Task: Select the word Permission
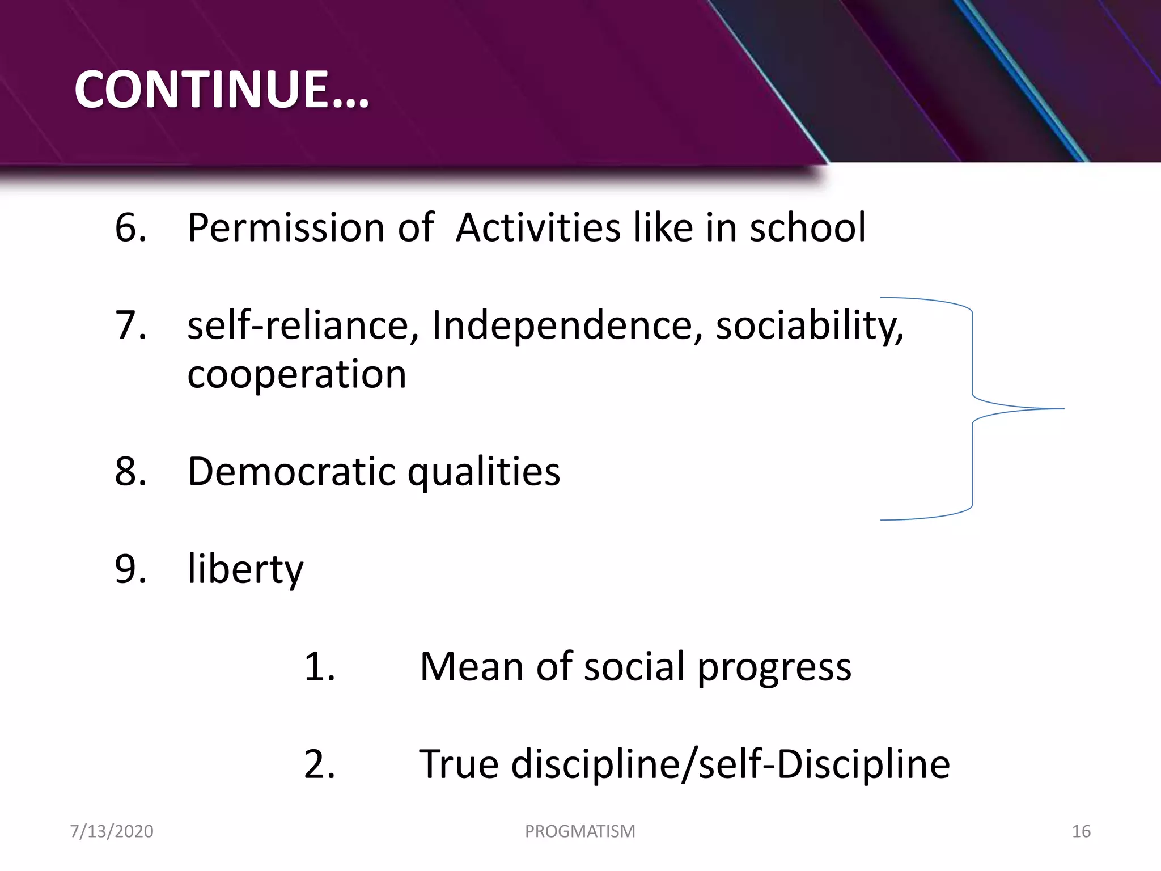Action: click(x=286, y=228)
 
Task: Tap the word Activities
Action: click(x=538, y=228)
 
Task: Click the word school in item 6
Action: click(x=807, y=228)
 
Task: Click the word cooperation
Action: click(x=296, y=375)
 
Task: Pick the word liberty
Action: click(x=245, y=569)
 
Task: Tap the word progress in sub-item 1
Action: click(x=774, y=667)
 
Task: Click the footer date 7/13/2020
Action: click(x=112, y=831)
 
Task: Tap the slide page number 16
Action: click(x=1081, y=831)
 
